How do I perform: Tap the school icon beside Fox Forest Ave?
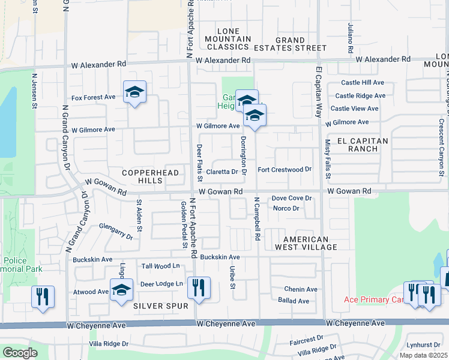[x=134, y=92]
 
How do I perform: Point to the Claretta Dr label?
[x=222, y=172]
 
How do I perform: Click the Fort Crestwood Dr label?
[x=285, y=170]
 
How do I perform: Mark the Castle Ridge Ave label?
[x=360, y=95]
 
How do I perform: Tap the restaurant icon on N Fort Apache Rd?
[x=199, y=287]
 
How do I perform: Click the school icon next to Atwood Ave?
[x=121, y=290]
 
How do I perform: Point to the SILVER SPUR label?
[x=157, y=306]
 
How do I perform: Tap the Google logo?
[x=20, y=353]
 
